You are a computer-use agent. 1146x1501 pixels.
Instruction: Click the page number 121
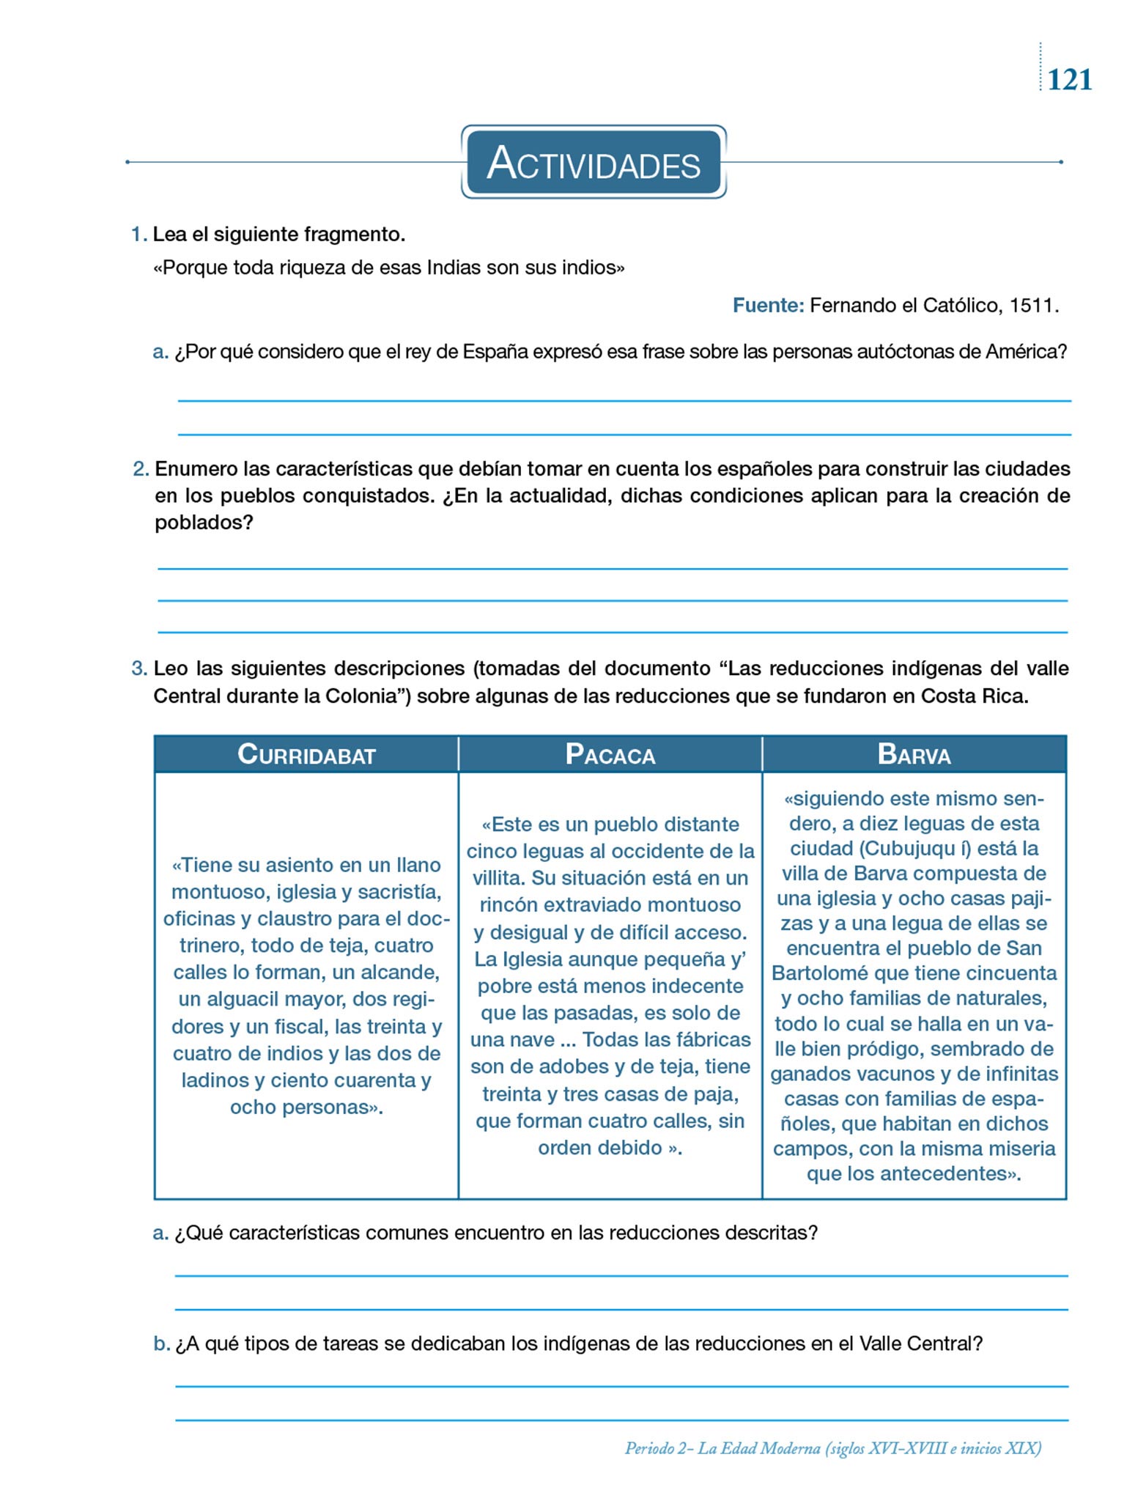[x=1069, y=79]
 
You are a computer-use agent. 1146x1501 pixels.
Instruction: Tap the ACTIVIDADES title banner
[x=594, y=162]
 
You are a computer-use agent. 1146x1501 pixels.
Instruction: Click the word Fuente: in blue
[x=768, y=305]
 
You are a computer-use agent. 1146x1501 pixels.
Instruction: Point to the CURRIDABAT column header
[x=306, y=754]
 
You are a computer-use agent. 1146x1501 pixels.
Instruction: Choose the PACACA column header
[x=610, y=754]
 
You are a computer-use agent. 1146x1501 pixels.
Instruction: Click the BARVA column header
[x=914, y=754]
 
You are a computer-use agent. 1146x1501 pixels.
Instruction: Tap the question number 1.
[x=138, y=235]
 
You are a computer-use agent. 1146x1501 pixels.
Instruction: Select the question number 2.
[x=140, y=469]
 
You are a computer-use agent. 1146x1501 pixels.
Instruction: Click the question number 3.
[x=138, y=668]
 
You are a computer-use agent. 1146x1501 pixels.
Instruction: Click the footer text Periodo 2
[x=657, y=1447]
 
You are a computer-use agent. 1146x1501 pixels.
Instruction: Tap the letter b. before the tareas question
[x=161, y=1343]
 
